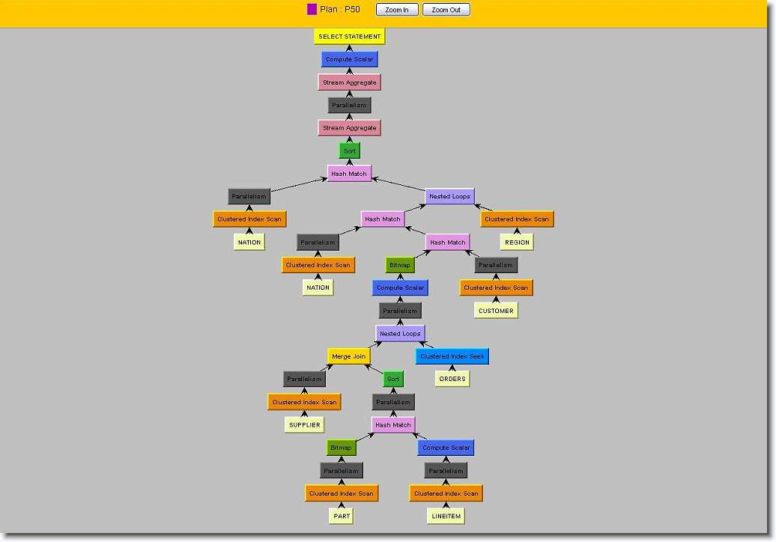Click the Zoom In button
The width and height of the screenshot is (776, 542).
click(x=397, y=10)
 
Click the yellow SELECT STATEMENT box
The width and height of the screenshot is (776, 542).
click(x=349, y=37)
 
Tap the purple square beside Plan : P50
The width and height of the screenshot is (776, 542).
click(x=312, y=9)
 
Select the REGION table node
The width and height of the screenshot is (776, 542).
click(x=517, y=242)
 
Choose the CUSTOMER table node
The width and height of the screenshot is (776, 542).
click(x=496, y=311)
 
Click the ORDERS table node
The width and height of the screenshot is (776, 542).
click(x=452, y=379)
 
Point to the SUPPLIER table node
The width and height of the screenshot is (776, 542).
click(x=304, y=424)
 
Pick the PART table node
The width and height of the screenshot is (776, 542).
click(x=341, y=516)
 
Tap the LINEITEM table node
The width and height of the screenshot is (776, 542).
click(x=446, y=516)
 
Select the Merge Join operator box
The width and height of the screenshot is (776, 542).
click(x=348, y=356)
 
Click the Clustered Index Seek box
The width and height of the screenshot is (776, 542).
click(x=452, y=356)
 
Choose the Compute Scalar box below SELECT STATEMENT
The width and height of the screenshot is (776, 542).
click(x=349, y=59)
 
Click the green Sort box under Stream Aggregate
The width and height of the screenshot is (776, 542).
click(x=349, y=151)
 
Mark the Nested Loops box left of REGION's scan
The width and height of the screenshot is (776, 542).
click(x=449, y=196)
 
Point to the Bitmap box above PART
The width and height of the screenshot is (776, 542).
click(x=340, y=448)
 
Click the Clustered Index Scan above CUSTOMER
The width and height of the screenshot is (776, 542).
click(x=496, y=287)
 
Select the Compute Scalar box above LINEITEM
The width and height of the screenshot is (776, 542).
click(x=446, y=448)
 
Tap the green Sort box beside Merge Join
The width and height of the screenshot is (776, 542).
click(x=393, y=379)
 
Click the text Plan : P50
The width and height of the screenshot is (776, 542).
click(x=340, y=10)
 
